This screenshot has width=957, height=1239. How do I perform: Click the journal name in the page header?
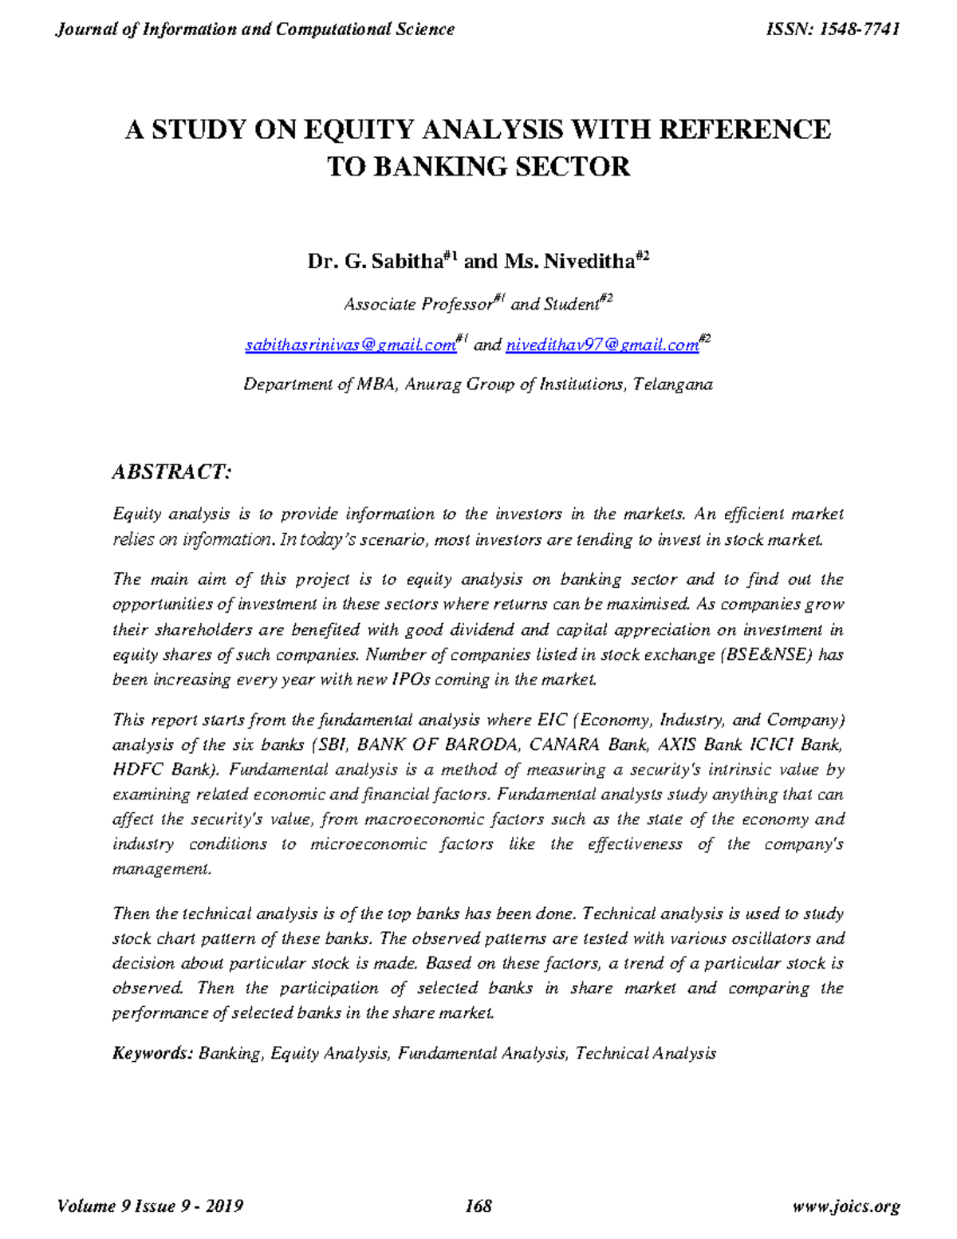254,30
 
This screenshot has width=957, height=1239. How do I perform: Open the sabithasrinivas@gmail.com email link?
349,345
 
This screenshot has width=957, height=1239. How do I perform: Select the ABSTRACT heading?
171,472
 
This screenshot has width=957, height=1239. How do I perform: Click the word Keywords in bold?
152,1053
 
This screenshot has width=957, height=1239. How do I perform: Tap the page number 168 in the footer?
478,1205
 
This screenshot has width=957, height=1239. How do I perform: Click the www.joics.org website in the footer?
846,1205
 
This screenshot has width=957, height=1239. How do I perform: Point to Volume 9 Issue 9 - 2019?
151,1205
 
